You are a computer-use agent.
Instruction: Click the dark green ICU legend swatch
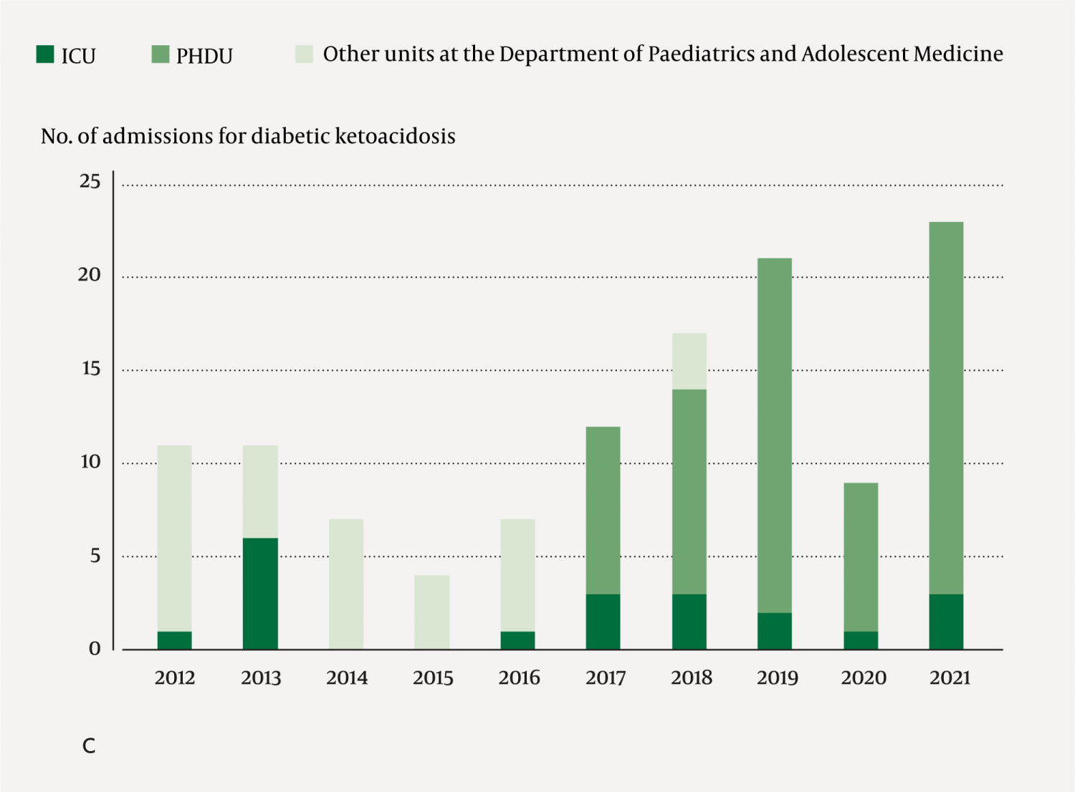tap(45, 54)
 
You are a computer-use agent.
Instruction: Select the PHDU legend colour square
tap(161, 54)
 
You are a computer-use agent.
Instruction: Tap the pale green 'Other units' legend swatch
tap(304, 54)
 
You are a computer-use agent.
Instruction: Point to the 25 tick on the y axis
tap(90, 182)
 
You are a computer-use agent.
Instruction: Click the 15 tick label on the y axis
tap(91, 369)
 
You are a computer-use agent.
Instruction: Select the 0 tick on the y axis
tap(95, 649)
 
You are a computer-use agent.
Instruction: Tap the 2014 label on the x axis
tap(347, 677)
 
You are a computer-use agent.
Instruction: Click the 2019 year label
tap(777, 677)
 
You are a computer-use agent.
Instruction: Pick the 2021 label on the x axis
tap(950, 677)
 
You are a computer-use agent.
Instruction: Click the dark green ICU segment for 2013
tap(260, 594)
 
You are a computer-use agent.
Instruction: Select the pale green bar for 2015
tap(432, 612)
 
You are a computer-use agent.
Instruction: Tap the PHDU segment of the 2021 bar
tap(946, 408)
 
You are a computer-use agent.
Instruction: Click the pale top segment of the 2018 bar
tap(689, 361)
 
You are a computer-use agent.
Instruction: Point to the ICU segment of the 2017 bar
tap(603, 622)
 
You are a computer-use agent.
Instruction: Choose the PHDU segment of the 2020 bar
tap(861, 557)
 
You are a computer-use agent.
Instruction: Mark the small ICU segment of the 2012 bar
tap(174, 640)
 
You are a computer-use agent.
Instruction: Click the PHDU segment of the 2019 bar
tap(775, 435)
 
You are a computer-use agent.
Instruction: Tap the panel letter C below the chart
tap(89, 746)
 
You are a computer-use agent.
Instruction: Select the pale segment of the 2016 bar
tap(517, 575)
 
